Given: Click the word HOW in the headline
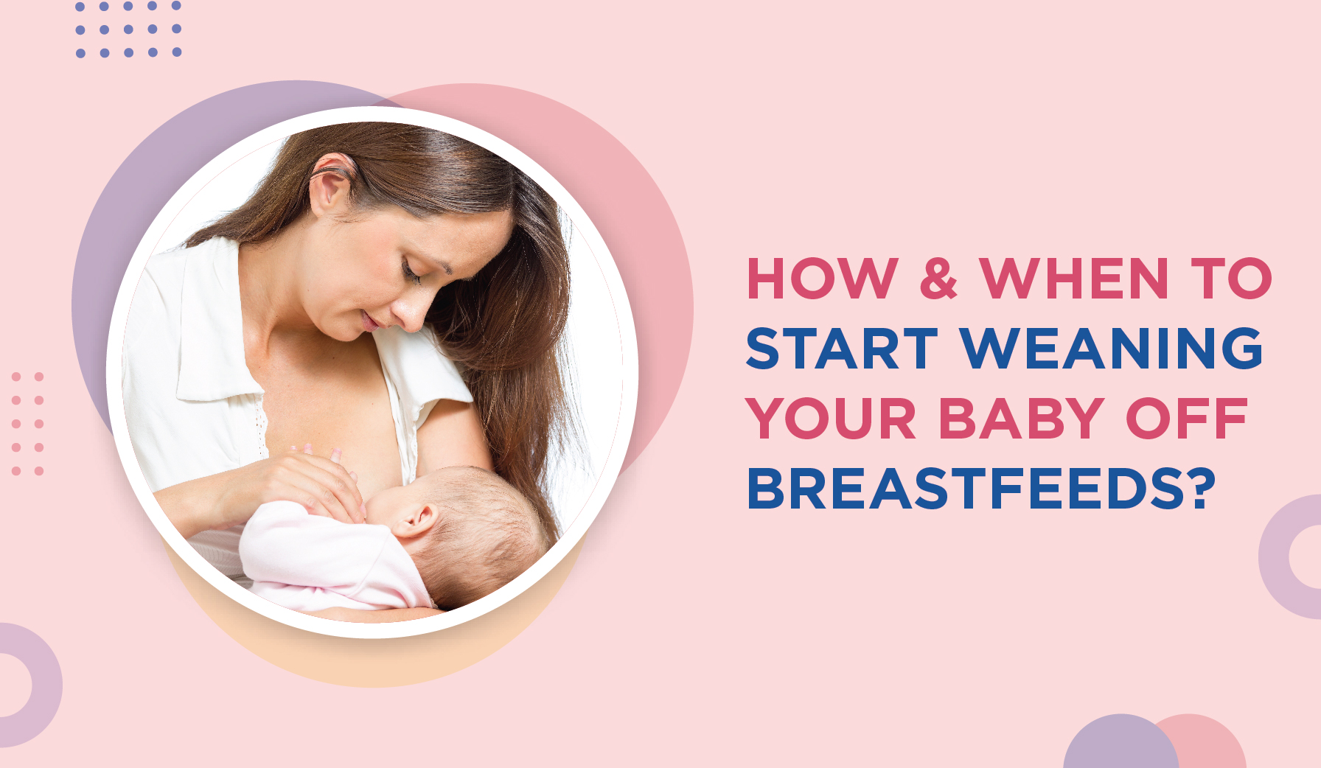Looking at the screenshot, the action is pos(822,279).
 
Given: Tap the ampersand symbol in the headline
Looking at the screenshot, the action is pos(938,279).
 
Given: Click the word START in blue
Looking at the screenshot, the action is pos(842,349).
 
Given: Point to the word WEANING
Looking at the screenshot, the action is pos(1112,349).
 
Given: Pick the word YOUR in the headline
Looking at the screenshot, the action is pos(831,419).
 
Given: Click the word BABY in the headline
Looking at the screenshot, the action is pos(1021,419).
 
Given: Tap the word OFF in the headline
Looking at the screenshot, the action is pos(1187,419).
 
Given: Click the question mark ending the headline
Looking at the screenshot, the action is pos(1201,488).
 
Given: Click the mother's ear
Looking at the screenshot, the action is pos(329,184).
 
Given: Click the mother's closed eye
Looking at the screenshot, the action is pos(411,274).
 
